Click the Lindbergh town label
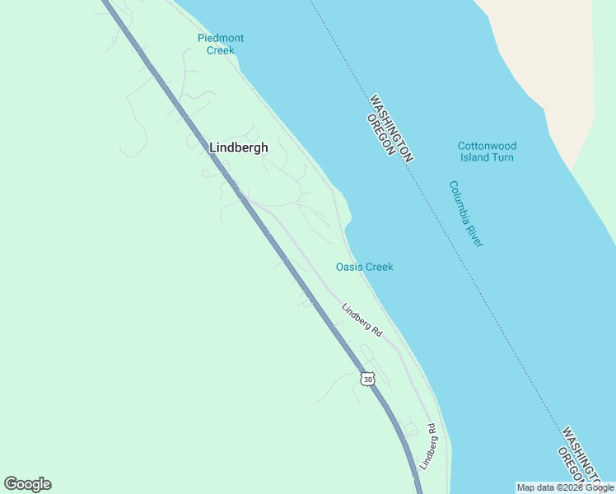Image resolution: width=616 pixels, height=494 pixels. (x=238, y=147)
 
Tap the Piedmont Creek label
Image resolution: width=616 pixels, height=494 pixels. (x=220, y=44)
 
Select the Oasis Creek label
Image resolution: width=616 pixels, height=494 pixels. (x=364, y=267)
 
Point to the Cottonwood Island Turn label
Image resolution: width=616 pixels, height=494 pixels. (x=487, y=151)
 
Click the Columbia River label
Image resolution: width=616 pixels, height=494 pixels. (x=465, y=213)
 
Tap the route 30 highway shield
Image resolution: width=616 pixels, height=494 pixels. (x=367, y=378)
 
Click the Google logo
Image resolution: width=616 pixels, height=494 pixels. (x=27, y=484)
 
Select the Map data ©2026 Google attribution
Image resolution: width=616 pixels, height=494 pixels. (x=565, y=487)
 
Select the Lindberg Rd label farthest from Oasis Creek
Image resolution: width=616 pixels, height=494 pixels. (x=427, y=446)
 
